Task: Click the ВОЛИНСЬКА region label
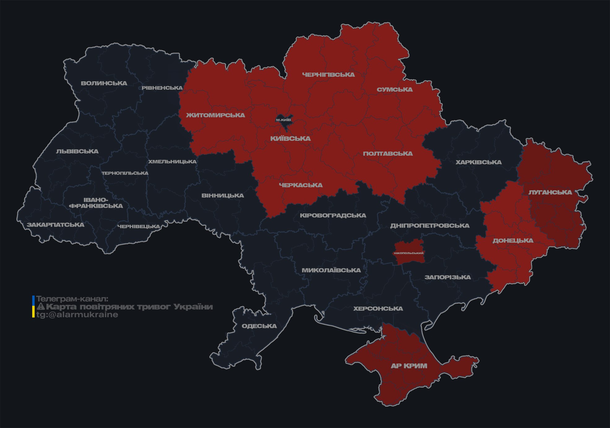click(x=104, y=83)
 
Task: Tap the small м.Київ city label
click(x=283, y=120)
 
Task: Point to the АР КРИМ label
click(x=409, y=366)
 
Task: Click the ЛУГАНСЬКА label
click(x=550, y=192)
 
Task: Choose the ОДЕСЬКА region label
click(x=259, y=326)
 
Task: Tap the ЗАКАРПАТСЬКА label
click(x=55, y=225)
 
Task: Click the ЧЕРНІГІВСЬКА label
click(x=328, y=75)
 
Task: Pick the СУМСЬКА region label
click(x=395, y=89)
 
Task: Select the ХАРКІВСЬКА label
click(x=478, y=162)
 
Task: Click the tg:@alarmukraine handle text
click(x=77, y=315)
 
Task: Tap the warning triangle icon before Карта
click(x=41, y=307)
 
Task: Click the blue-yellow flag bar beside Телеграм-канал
click(x=33, y=306)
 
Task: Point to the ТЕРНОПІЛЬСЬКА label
click(x=125, y=173)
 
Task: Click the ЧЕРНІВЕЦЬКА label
click(x=139, y=227)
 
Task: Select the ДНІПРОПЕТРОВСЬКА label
click(x=430, y=226)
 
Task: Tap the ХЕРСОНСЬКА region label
click(x=378, y=309)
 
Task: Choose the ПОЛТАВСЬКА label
click(x=387, y=153)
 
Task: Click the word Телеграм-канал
click(x=72, y=299)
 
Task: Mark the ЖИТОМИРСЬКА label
click(x=215, y=115)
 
